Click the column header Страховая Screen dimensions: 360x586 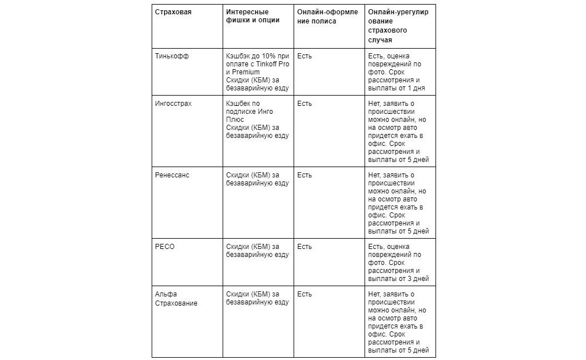pyautogui.click(x=173, y=12)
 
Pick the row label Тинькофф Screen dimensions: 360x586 pyautogui.click(x=172, y=56)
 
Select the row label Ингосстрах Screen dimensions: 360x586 pyautogui.click(x=173, y=104)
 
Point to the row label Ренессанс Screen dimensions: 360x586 pyautogui.click(x=172, y=175)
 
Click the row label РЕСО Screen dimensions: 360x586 pyautogui.click(x=165, y=246)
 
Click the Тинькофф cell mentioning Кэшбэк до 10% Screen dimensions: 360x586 pyautogui.click(x=258, y=72)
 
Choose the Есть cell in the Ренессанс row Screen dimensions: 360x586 pyautogui.click(x=304, y=175)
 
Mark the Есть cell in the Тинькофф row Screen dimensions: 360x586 pyautogui.click(x=304, y=56)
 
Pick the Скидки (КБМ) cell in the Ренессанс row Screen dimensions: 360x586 pyautogui.click(x=258, y=179)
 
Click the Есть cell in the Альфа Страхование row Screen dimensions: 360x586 pyautogui.click(x=304, y=294)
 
